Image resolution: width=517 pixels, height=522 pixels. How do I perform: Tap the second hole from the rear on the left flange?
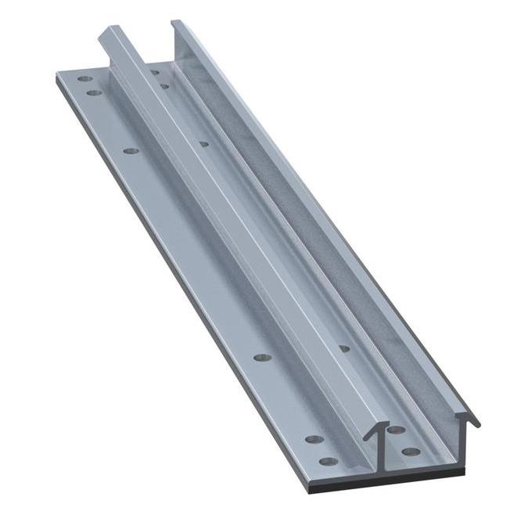coord(93,93)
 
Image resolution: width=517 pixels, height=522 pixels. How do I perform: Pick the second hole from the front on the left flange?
coord(313,440)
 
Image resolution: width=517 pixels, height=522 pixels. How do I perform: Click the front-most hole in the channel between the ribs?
coord(407,451)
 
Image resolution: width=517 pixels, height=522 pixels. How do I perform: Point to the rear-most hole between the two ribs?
coord(156,73)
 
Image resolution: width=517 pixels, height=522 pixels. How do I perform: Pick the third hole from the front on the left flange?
coord(261,357)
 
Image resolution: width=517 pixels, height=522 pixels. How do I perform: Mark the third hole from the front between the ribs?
coord(344,347)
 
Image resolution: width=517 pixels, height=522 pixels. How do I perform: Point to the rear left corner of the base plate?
coord(58,73)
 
